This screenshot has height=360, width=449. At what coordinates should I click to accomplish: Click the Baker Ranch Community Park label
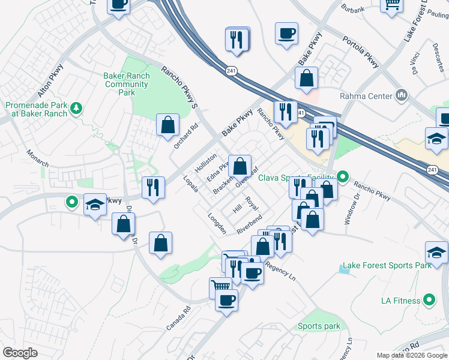click(126, 85)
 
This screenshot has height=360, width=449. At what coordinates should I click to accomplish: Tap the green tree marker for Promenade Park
click(76, 108)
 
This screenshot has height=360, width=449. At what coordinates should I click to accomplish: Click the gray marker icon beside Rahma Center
click(401, 95)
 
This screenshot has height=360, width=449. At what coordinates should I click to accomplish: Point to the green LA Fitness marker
click(429, 299)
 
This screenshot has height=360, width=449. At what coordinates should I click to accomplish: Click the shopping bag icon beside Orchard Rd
click(167, 125)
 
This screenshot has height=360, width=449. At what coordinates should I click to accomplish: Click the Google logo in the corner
click(20, 353)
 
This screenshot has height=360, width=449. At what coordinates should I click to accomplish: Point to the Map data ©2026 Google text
click(411, 355)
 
